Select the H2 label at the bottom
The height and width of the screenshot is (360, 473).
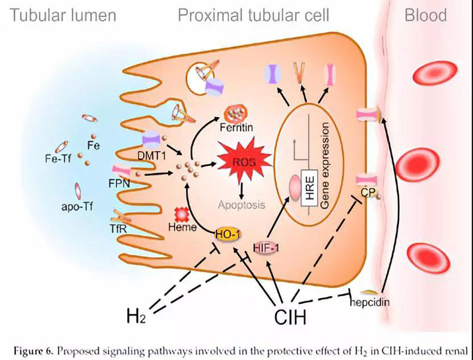click(x=137, y=315)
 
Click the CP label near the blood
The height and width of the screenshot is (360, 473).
click(x=365, y=193)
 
